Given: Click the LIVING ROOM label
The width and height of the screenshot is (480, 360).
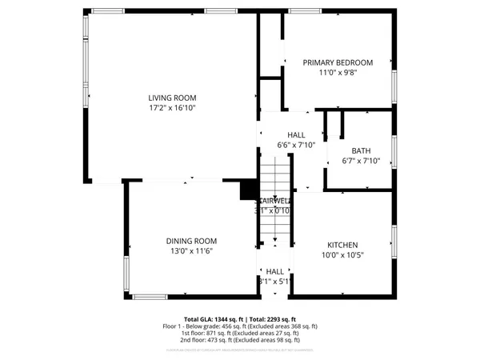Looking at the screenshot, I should coord(172,98).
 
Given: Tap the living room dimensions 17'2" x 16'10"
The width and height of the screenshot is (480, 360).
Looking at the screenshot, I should coord(172,108).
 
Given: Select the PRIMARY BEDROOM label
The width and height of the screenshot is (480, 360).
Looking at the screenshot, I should coord(338,62).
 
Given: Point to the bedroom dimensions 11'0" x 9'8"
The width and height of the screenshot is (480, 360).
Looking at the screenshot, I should coord(338,73).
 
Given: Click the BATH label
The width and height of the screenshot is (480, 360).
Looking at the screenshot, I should coord(361,150).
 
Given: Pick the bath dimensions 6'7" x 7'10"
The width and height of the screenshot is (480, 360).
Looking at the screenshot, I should coord(361,161).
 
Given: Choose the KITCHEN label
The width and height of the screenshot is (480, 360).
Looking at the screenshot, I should coord(342,245).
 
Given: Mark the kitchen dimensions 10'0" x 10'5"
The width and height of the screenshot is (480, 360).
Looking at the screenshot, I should coord(342,255).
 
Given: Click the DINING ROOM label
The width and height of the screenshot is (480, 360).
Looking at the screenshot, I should coord(191,241).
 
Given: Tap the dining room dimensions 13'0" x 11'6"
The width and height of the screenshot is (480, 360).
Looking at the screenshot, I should coord(190,251).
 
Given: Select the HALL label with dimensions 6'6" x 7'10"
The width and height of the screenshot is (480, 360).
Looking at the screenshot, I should coord(296,135).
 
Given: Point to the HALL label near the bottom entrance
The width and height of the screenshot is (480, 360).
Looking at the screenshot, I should coord(275,271).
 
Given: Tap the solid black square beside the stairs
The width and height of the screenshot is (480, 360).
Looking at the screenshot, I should coord(249,190).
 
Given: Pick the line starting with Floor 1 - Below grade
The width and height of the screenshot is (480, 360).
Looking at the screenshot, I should coord(240,326).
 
